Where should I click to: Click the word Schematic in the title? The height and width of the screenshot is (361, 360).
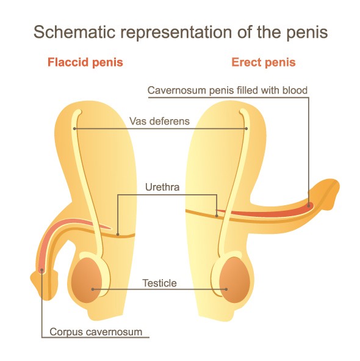coord(74,32)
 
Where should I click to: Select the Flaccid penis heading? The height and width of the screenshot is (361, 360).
coord(85,62)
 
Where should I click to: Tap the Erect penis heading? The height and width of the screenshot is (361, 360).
coord(264,62)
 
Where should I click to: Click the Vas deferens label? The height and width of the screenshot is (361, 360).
coord(159,121)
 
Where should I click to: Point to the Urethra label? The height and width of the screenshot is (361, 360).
coord(162,187)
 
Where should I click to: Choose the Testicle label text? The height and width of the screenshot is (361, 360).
coord(159,283)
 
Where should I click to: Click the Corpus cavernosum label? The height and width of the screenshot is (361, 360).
coord(96,332)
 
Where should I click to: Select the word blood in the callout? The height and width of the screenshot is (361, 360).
coord(295,90)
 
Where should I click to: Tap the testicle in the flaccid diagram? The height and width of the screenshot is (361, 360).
coord(86,280)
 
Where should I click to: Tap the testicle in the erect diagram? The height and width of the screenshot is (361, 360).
coord(234,280)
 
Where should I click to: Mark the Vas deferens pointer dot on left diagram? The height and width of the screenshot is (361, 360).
coord(74,128)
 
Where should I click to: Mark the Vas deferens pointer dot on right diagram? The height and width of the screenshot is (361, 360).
coord(247,128)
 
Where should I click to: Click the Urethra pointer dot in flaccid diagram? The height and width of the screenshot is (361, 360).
coord(118,235)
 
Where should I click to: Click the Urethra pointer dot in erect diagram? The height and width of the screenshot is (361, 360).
coord(217,216)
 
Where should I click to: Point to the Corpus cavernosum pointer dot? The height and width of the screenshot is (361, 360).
coord(41,270)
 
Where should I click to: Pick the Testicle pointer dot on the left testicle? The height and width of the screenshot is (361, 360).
coord(93,289)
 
